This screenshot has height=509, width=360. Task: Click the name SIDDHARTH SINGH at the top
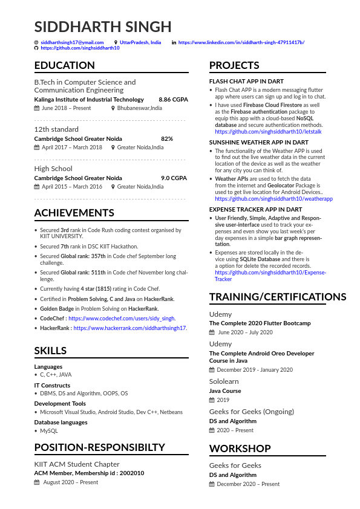point(103,27)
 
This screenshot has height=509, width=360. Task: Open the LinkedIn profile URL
point(241,42)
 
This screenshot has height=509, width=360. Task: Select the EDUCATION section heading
point(65,65)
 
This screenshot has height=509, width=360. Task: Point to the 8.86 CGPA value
point(173,99)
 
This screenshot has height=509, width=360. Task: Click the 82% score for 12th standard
point(167,138)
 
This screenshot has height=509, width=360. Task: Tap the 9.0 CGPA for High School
point(174,178)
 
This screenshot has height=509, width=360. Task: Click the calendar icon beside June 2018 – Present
point(37,108)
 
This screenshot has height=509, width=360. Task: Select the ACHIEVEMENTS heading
point(74,213)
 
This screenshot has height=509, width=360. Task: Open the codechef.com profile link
point(122,318)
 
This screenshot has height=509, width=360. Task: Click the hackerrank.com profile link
point(130,328)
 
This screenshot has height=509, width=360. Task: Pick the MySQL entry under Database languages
point(49,431)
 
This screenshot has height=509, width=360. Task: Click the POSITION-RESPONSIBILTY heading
point(99,447)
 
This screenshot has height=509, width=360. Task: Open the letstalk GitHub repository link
point(268,131)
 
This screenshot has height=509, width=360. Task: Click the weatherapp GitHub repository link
point(273,198)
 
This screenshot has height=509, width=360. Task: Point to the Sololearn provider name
point(224,381)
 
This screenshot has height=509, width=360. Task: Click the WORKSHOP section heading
point(240,449)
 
